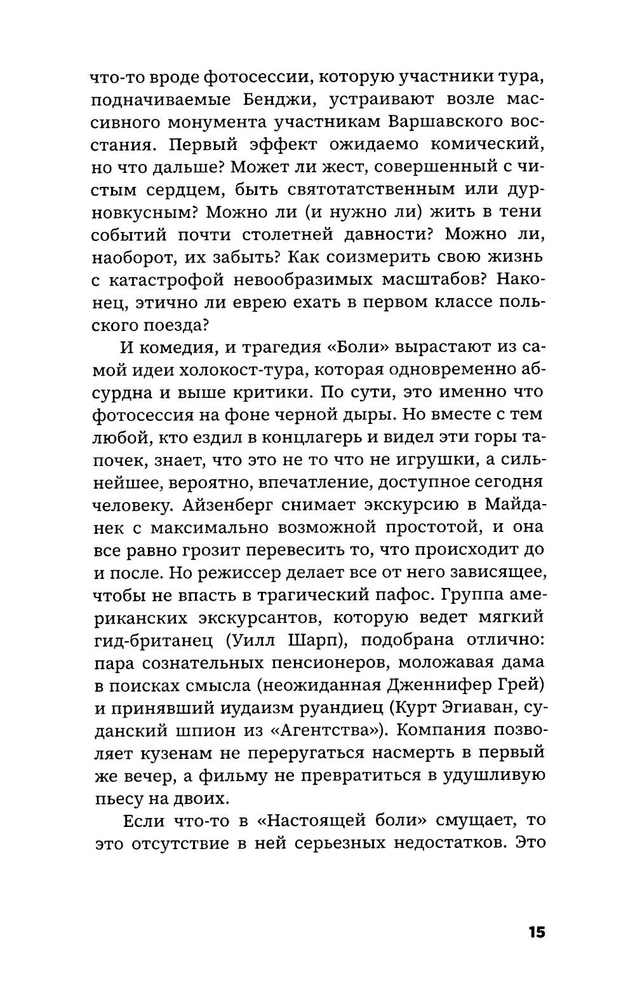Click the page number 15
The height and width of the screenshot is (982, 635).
[535, 932]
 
